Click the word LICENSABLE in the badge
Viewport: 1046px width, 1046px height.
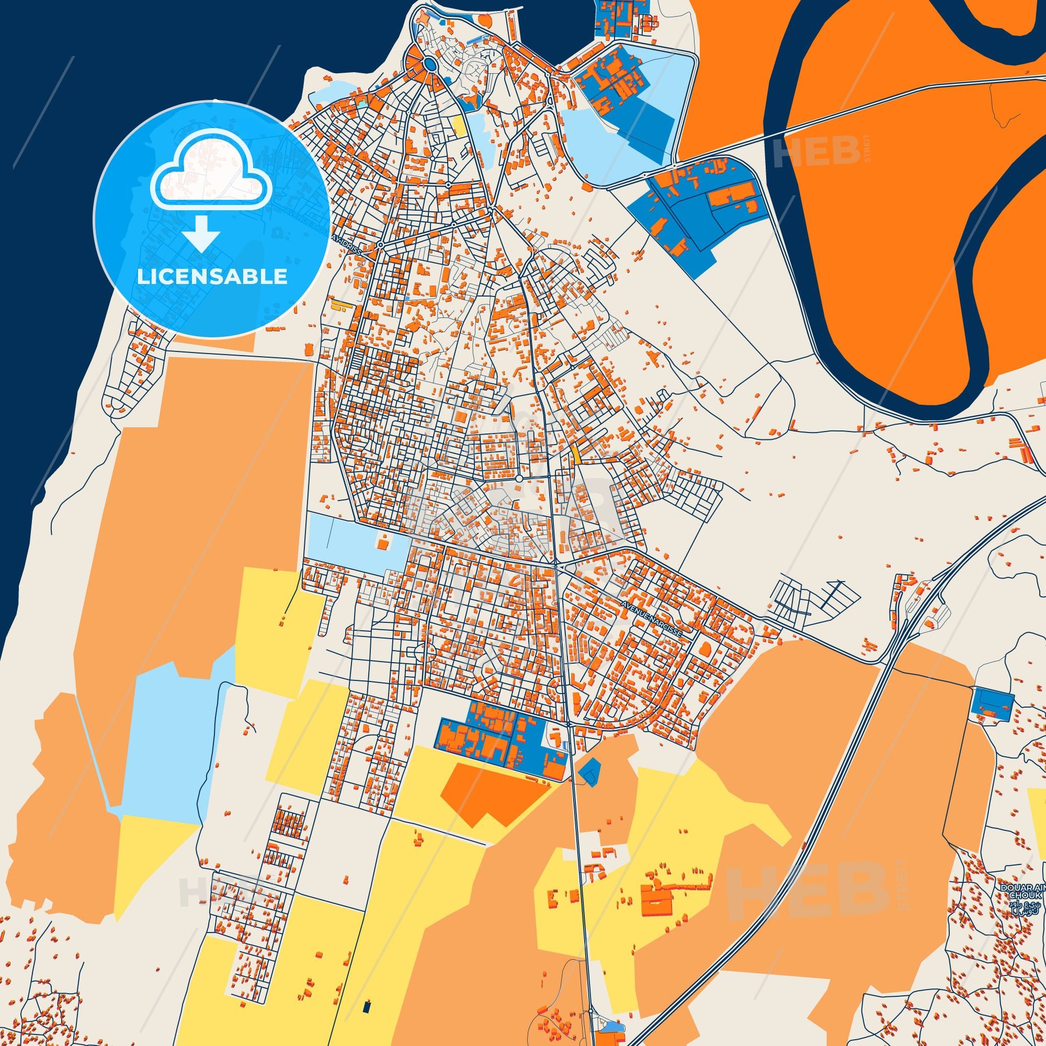[212, 277]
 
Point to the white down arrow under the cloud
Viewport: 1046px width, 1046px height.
[201, 233]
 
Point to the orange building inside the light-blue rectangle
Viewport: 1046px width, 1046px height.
[383, 541]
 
